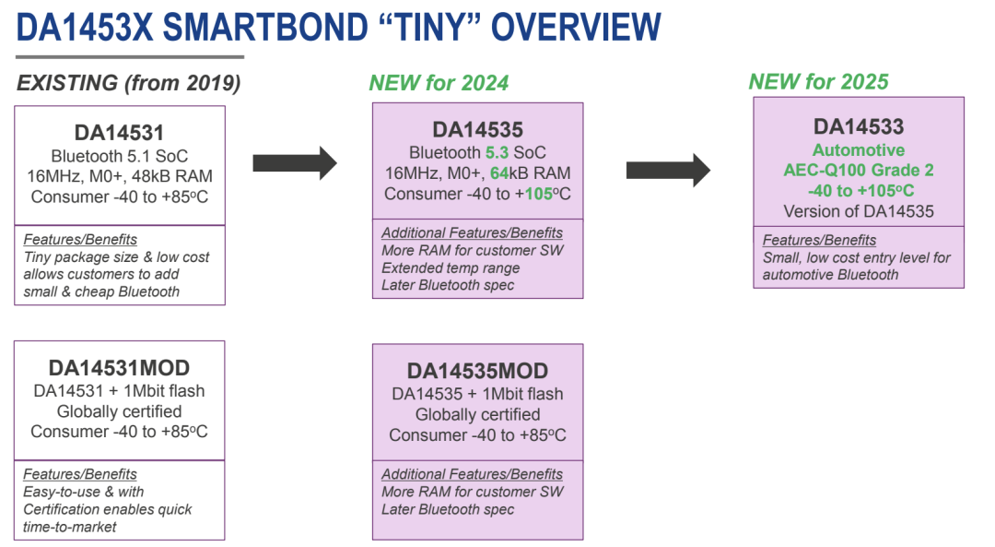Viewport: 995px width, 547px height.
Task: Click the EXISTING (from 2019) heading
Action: coord(129,83)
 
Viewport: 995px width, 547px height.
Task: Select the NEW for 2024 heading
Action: coord(439,83)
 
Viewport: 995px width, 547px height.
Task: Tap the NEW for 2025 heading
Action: coord(818,81)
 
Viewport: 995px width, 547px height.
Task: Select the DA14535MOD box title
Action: coord(477,371)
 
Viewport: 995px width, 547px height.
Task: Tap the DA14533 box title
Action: coord(859,127)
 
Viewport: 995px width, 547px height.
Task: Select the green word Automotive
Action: coord(859,149)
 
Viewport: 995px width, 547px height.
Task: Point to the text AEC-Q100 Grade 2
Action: coord(859,171)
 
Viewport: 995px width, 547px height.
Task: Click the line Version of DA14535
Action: coord(859,211)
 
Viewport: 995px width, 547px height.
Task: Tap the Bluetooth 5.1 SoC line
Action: coord(120,155)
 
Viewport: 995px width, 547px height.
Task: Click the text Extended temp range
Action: coord(451,268)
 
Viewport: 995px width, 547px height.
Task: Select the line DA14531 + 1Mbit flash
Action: coord(119,391)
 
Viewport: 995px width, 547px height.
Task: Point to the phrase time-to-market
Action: coord(69,527)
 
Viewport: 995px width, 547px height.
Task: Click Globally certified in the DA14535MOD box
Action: coord(477,414)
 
